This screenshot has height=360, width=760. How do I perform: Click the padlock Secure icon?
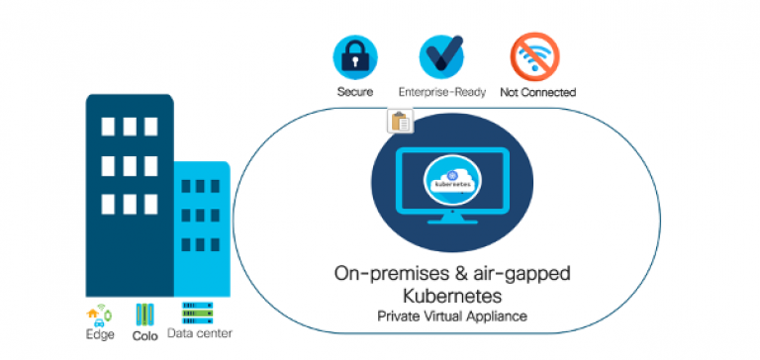[354, 55]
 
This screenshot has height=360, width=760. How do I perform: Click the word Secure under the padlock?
[354, 92]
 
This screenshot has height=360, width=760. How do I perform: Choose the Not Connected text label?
[537, 92]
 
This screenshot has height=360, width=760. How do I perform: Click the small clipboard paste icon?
[400, 122]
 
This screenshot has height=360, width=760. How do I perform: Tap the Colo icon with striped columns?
[145, 315]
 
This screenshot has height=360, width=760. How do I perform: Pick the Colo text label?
[145, 336]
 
